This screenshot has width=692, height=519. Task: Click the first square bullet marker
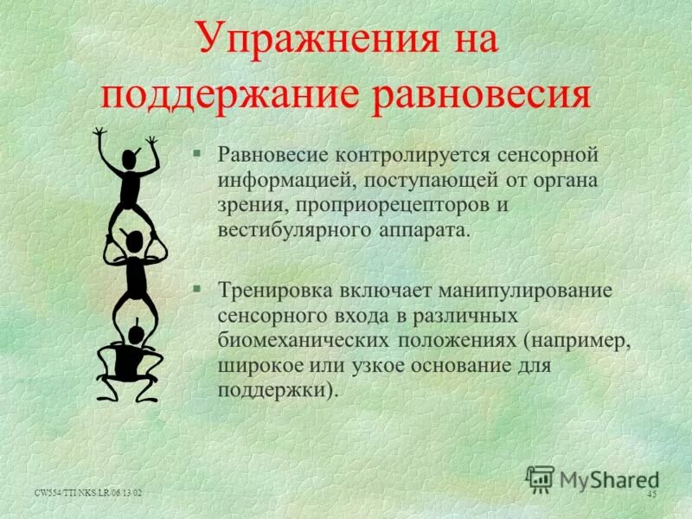tap(197, 153)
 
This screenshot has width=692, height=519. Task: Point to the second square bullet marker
tap(197, 288)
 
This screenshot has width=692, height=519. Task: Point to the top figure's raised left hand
tap(99, 134)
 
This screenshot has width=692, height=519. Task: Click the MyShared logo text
tap(609, 479)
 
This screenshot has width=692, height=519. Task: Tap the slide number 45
tap(651, 493)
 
